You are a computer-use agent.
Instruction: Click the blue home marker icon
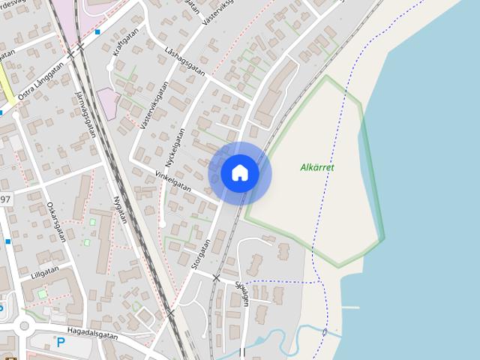tap(240, 173)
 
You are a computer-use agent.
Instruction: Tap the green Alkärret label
tap(316, 167)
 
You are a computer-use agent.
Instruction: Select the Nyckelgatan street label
tap(174, 146)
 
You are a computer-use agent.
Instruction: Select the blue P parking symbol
tap(61, 343)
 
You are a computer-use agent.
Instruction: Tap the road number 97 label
tap(5, 199)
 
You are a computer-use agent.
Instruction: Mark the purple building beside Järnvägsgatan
tap(107, 103)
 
